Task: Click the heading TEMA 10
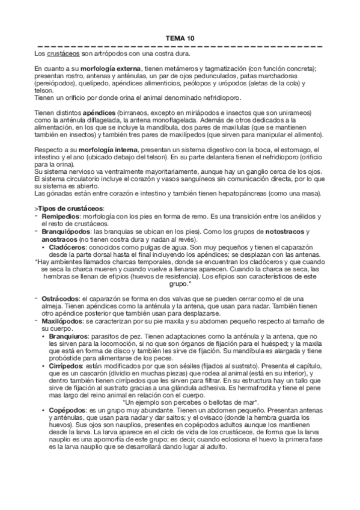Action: pyautogui.click(x=180, y=38)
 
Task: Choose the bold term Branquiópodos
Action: pyautogui.click(x=66, y=231)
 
